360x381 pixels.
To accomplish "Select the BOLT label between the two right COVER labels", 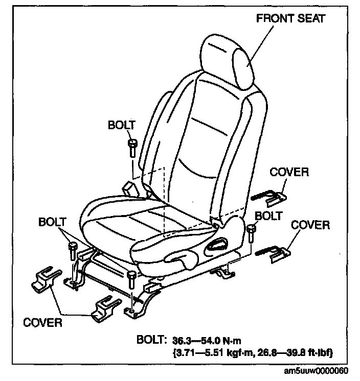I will click(x=268, y=216).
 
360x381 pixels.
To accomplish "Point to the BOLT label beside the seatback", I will click(x=122, y=125).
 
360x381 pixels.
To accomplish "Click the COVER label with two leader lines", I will click(x=43, y=322).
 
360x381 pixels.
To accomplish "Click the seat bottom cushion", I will click(x=148, y=220).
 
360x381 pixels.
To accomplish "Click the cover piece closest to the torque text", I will click(x=107, y=308).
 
